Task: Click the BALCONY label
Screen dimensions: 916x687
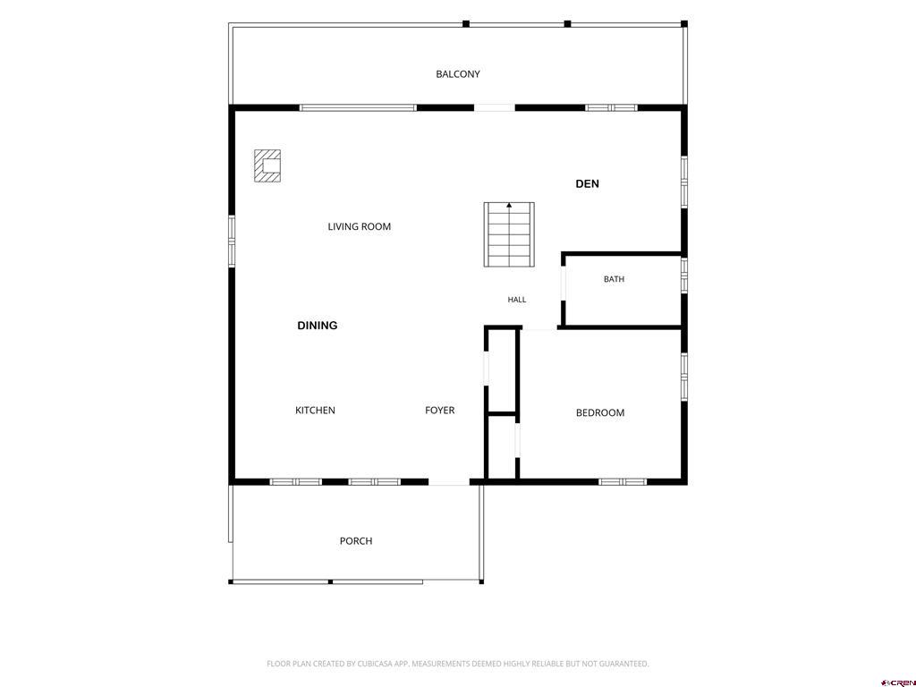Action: pos(458,74)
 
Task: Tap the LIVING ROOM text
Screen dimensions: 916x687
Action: pos(360,226)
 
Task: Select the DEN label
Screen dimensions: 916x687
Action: pos(587,184)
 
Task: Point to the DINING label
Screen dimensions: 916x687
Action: pos(318,326)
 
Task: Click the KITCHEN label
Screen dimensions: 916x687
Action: pos(316,410)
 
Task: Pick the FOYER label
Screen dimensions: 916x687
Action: pos(440,410)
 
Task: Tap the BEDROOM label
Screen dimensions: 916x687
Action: pos(600,413)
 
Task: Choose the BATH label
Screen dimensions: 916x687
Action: pos(614,279)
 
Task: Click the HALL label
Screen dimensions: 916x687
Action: pos(517,300)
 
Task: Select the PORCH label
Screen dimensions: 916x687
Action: pos(356,541)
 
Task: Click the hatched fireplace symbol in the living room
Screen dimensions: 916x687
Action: pos(267,165)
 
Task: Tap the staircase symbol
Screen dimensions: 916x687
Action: pos(509,235)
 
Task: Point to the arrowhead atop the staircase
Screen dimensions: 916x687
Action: pos(509,205)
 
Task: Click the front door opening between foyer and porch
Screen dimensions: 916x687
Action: pos(449,482)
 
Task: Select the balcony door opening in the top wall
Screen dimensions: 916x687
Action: pos(494,108)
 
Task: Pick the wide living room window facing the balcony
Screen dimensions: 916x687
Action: pos(358,108)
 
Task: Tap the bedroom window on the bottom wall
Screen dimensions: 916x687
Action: pos(623,482)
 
